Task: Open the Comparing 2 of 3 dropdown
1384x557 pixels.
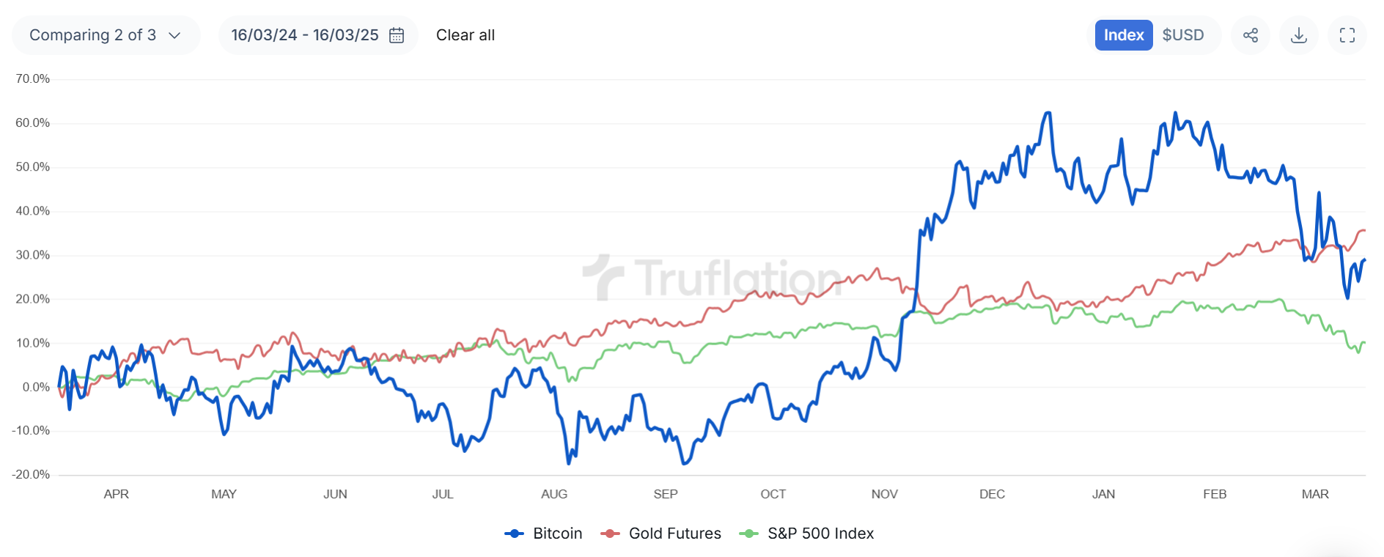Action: pos(106,35)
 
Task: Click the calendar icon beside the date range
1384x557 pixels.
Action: pos(397,35)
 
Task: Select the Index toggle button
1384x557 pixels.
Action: pos(1123,35)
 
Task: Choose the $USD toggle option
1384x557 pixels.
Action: pos(1182,35)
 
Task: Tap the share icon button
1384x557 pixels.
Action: pos(1251,35)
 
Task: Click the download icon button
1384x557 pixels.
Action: pos(1299,35)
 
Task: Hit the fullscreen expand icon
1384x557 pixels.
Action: pos(1347,35)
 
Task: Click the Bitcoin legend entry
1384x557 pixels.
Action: pos(544,534)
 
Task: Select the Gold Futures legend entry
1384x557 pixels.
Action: pos(661,534)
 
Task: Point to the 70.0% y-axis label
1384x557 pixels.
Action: pos(33,79)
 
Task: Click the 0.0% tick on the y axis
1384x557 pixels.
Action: pos(35,387)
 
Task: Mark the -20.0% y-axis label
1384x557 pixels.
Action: pos(32,475)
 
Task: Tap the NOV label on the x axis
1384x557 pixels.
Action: pos(884,494)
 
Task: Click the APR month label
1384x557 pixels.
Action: pos(117,494)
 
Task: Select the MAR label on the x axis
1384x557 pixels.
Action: pos(1315,494)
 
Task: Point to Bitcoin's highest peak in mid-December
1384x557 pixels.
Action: pos(1048,113)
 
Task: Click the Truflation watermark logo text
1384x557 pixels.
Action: pos(737,278)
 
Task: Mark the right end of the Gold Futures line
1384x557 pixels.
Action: pos(1363,231)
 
